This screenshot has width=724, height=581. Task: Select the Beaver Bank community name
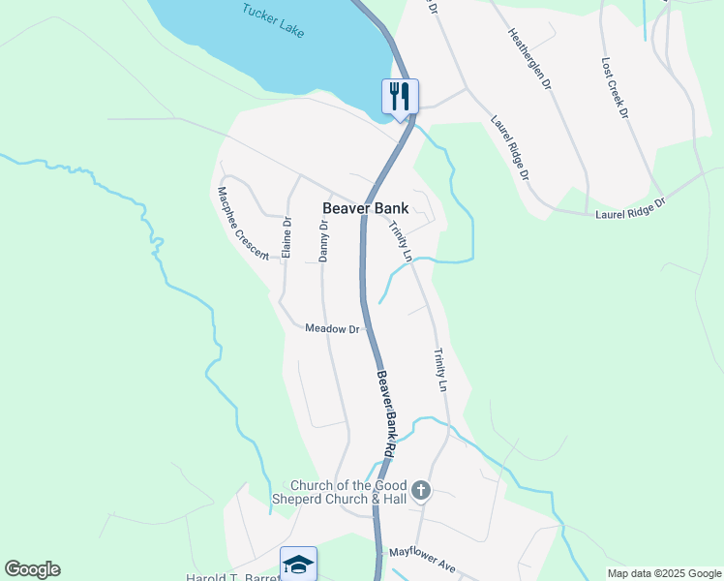click(x=365, y=208)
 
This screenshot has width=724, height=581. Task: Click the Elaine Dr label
click(x=287, y=237)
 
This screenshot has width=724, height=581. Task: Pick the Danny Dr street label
click(x=324, y=240)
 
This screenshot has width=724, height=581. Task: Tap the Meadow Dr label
click(x=332, y=329)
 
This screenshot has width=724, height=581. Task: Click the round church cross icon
click(x=420, y=491)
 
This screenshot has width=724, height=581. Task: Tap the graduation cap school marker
click(x=298, y=564)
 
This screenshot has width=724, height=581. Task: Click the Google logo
click(x=32, y=569)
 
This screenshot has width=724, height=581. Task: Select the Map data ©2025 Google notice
click(x=664, y=573)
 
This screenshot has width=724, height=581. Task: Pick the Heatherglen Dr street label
click(x=529, y=58)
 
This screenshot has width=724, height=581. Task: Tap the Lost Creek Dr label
click(x=615, y=87)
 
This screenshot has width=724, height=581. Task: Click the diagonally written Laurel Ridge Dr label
click(x=510, y=148)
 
